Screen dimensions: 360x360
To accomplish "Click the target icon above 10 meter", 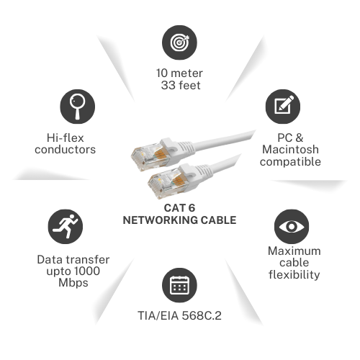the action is tap(179, 42).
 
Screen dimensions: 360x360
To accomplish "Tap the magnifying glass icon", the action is tap(77, 107).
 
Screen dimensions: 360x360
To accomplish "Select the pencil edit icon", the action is tap(283, 107).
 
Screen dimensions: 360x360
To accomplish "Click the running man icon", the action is tap(66, 227).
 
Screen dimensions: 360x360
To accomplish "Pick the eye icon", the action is tap(292, 227).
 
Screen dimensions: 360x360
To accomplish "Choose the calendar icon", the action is tap(179, 285).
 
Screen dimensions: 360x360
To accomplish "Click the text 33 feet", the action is tap(181, 85).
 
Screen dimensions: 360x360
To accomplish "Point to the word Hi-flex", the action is tap(66, 138).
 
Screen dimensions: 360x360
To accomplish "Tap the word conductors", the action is tap(66, 150).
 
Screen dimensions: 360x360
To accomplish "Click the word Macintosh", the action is tap(290, 149).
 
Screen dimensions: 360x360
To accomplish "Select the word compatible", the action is tap(290, 162).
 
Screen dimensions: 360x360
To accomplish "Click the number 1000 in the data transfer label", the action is tap(86, 271).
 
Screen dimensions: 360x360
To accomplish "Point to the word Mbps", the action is tap(73, 283).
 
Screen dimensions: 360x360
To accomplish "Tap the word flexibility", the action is tap(294, 274).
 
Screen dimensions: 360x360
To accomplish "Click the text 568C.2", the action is tap(202, 315).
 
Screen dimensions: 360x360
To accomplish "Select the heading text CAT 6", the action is tap(179, 208).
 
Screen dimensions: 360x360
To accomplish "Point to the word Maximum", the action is tap(294, 251).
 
